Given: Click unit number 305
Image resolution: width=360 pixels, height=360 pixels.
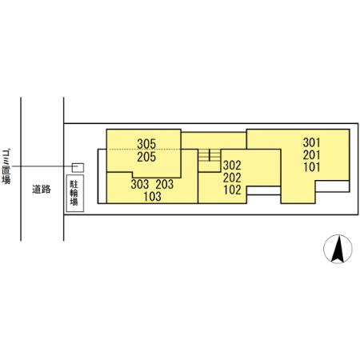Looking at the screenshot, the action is coord(146,144).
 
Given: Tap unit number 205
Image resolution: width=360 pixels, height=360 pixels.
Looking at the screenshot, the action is coord(146,157).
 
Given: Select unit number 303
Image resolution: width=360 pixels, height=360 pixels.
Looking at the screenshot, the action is coord(140,184).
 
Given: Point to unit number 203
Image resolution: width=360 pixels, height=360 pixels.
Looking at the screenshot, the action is coord(165,184).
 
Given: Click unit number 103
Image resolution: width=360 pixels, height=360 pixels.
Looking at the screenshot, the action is coord(152,197).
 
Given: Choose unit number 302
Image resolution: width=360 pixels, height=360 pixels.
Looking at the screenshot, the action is coord(232,166).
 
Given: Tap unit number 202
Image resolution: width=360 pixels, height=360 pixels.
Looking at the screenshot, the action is coord(232,178).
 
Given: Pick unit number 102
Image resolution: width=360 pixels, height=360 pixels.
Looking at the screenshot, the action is coord(232,190).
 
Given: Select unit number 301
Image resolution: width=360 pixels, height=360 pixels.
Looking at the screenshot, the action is coord(311,142).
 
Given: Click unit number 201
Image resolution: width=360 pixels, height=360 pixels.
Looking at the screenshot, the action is coord(311,155).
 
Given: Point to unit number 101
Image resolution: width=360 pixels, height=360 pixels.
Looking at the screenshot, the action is coord(311,167).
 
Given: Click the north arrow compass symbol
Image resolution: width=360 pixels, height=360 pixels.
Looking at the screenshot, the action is coord(338,249).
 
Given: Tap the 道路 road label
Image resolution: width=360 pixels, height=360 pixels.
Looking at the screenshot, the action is coord(42,189).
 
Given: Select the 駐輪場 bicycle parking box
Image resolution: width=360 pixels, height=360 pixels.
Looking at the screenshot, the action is coord(75,194).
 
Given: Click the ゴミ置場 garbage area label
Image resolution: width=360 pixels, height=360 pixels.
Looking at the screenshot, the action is coord(6,166).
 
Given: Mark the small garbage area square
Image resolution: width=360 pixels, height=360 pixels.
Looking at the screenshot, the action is coord(78,168).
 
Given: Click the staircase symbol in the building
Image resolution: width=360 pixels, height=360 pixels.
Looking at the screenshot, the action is coord(209,155).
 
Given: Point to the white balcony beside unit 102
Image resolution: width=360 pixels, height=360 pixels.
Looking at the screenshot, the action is coord(263,190).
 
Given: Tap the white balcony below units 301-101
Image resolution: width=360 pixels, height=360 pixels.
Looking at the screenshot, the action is coord(332,186).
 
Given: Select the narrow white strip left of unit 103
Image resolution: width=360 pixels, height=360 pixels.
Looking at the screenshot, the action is coord(102,176).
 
